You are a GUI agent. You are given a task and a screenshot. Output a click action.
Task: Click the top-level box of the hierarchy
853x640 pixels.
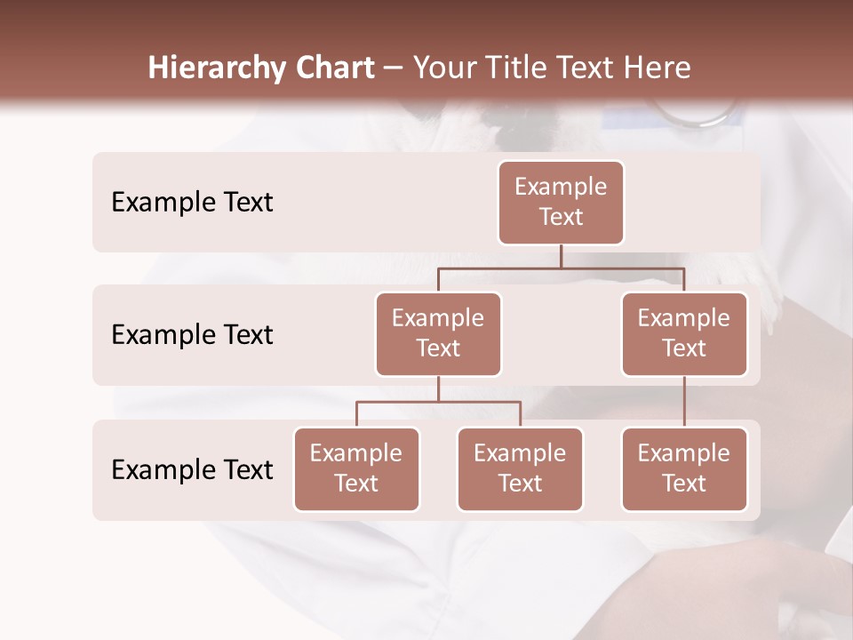(561, 202)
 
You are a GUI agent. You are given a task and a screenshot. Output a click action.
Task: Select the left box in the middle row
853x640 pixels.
(438, 333)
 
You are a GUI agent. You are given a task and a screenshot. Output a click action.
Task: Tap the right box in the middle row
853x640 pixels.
(684, 333)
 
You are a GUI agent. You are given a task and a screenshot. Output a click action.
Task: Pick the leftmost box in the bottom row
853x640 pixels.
(356, 468)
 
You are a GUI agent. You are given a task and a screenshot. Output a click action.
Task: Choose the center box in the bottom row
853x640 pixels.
(520, 468)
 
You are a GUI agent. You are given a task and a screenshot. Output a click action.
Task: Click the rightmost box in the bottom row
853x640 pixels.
(684, 468)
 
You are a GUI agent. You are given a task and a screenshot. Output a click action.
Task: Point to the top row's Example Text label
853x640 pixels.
(192, 202)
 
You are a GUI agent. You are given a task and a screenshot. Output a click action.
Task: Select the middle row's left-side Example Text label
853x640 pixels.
(192, 334)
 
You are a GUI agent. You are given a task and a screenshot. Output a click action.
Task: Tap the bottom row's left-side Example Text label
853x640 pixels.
(192, 469)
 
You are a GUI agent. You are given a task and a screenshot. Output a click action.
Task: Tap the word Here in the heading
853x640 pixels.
(658, 68)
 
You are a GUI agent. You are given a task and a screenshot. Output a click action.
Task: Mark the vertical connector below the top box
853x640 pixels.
(561, 256)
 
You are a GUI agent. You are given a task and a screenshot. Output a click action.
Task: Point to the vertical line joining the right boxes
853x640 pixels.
(684, 402)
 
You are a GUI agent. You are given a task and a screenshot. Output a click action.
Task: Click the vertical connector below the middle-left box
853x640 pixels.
(438, 388)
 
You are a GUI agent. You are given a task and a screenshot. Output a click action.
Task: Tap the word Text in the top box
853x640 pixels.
(561, 217)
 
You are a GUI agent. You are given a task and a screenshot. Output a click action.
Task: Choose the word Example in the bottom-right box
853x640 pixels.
(684, 453)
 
